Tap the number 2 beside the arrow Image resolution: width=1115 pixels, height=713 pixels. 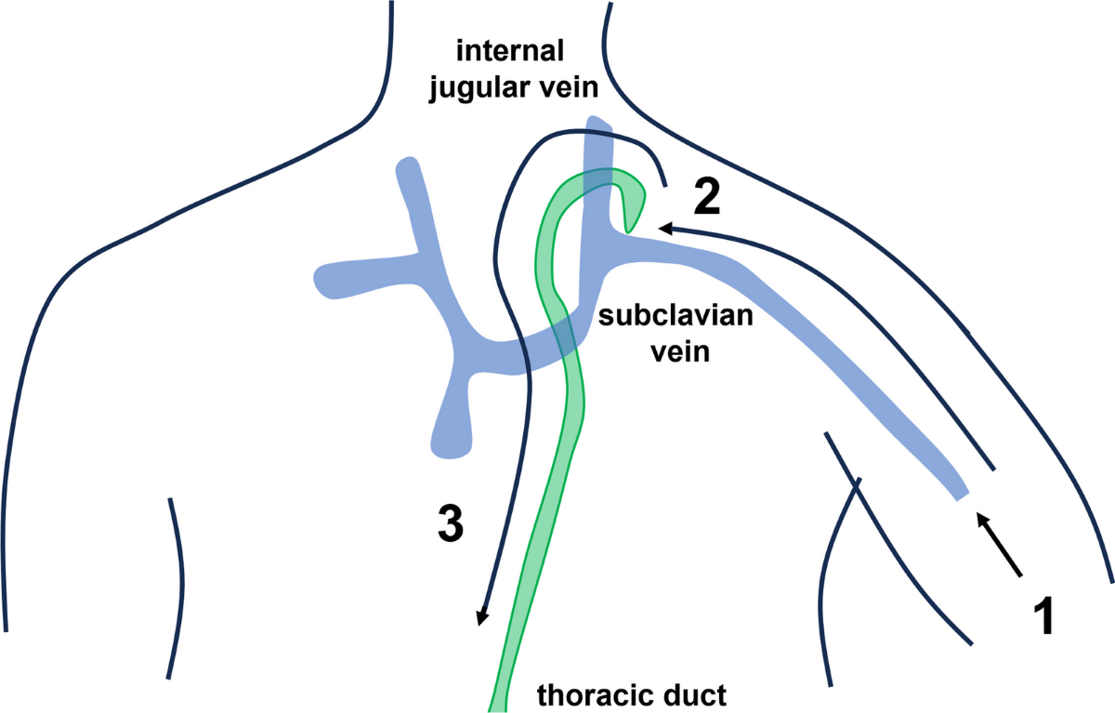click(707, 198)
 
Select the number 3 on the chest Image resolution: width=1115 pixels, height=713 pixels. click(450, 525)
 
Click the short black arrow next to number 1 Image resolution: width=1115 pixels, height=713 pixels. click(1000, 544)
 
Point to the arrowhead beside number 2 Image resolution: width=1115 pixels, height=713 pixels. click(666, 227)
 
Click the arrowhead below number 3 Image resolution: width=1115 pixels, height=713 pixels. click(481, 616)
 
